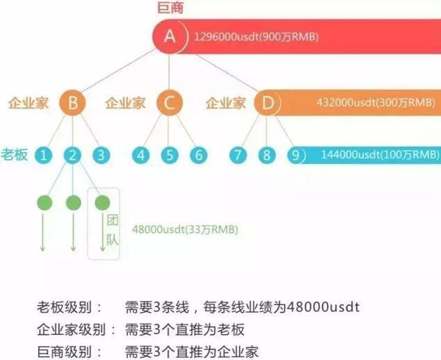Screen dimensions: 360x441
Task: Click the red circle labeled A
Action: pos(169,36)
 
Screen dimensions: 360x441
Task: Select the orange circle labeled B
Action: pos(73,104)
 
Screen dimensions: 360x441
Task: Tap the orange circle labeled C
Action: pos(169,104)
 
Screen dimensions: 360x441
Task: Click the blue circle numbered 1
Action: pos(44,154)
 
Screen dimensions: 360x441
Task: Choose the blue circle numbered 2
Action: pos(73,154)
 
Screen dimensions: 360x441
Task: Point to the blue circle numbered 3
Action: pos(101,154)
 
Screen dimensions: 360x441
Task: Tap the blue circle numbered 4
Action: pos(141,154)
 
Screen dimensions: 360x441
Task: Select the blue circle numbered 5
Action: pos(169,154)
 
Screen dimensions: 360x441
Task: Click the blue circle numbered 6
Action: pos(199,154)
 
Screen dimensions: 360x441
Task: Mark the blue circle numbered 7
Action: pos(238,154)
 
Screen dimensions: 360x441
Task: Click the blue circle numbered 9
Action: pos(297,154)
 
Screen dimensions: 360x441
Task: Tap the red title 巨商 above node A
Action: pos(169,8)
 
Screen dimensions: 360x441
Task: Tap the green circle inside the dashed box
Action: pos(102,202)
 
